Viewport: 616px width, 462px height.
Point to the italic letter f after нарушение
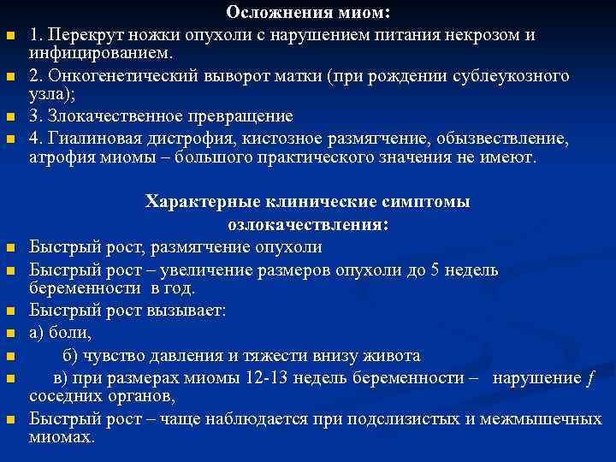(x=589, y=377)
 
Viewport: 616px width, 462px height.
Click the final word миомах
(x=61, y=436)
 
